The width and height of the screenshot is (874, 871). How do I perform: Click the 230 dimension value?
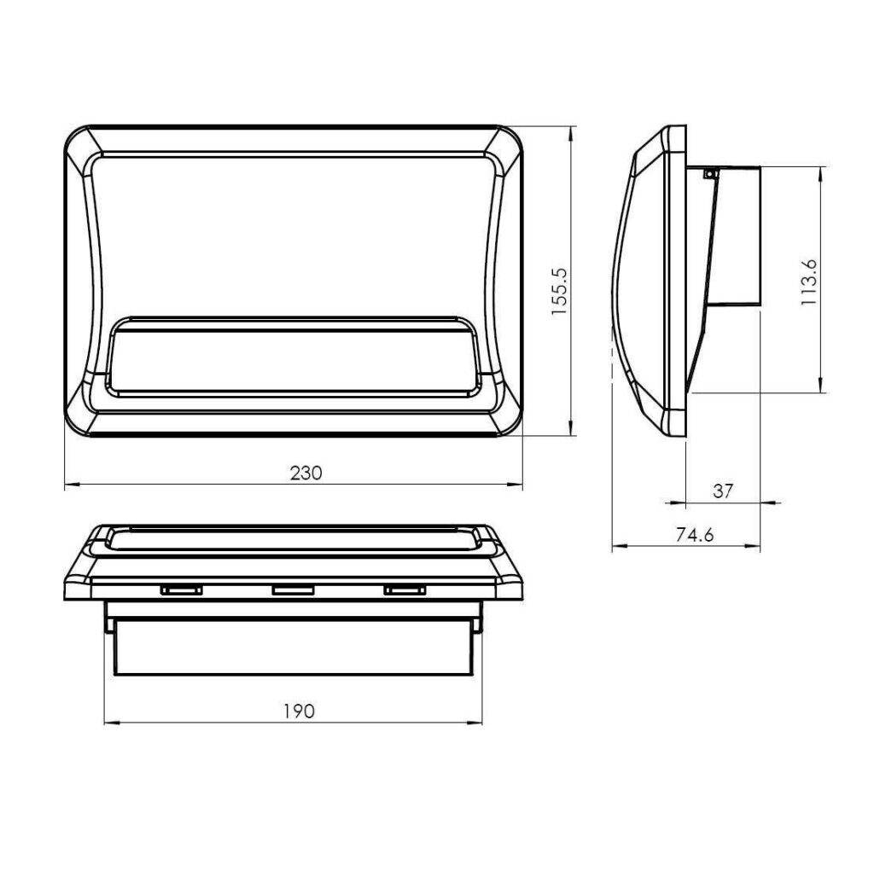point(305,473)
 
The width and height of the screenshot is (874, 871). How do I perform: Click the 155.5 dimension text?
point(559,291)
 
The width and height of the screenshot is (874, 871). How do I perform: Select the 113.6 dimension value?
point(810,281)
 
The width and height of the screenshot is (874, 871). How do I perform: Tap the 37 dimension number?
point(723,491)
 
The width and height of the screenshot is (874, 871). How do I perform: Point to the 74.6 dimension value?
point(695,535)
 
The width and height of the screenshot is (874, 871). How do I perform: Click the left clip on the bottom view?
point(180,589)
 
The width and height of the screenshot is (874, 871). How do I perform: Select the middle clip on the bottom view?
point(293,589)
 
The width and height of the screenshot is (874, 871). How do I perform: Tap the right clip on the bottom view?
point(404,589)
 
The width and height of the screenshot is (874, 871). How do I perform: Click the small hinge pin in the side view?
point(708,174)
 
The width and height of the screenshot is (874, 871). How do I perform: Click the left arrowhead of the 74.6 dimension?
point(617,546)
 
